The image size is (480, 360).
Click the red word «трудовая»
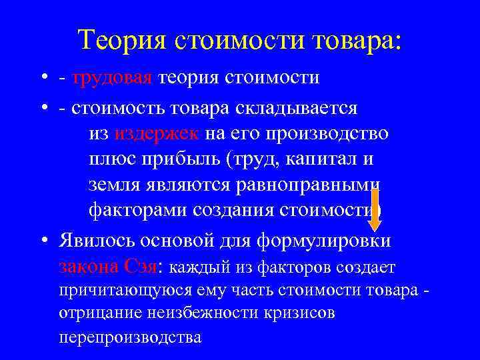pyautogui.click(x=113, y=78)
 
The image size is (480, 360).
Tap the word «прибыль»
pyautogui.click(x=184, y=160)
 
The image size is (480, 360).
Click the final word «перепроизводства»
pyautogui.click(x=130, y=337)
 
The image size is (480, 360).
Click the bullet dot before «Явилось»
pyautogui.click(x=43, y=239)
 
